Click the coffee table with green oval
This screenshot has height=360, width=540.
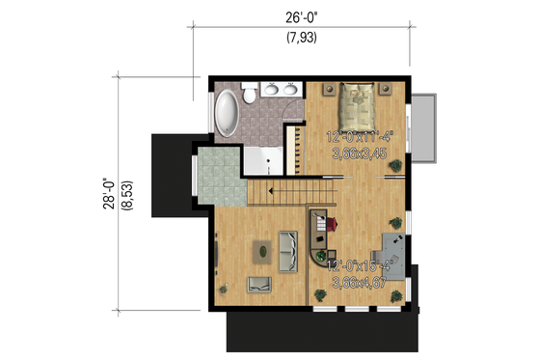260,249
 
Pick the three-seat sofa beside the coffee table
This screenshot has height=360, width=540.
288,250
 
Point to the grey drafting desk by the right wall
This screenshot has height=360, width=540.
394,245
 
